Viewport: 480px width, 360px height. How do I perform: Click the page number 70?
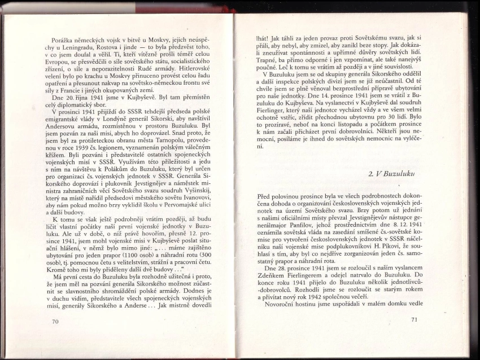(x=55, y=322)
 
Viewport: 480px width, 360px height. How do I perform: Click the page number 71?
(x=413, y=320)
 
